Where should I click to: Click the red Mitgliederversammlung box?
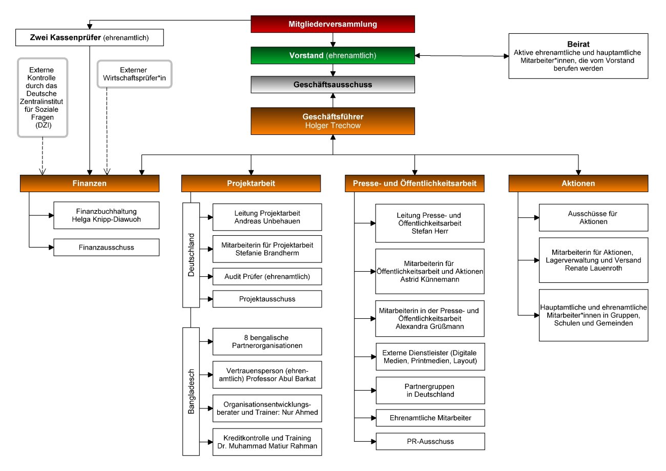tap(332, 24)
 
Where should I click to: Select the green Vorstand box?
tap(332, 55)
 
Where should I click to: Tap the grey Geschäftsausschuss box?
tap(332, 85)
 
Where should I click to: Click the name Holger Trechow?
tap(332, 126)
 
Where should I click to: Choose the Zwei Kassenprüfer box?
tap(90, 37)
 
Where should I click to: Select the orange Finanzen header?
tap(90, 183)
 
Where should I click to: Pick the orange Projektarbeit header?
tap(251, 183)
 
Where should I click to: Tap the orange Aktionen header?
tap(578, 183)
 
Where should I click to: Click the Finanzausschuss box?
tap(107, 248)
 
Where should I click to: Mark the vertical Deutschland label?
tap(191, 255)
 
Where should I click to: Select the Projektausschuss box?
tap(267, 299)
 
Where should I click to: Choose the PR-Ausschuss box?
tap(430, 441)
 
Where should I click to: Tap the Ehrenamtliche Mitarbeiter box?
tap(430, 418)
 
